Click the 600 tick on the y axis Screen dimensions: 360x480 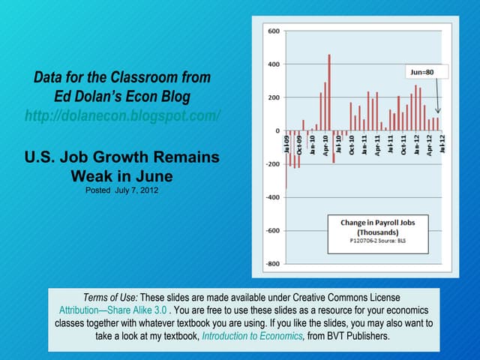point(273,31)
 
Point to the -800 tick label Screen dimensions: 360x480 point(271,264)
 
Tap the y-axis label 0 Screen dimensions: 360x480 point(277,131)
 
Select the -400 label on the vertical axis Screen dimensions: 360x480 point(271,197)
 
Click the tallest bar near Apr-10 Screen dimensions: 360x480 point(329,91)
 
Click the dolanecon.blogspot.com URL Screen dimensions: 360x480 point(122,116)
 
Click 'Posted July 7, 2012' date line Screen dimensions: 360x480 point(122,190)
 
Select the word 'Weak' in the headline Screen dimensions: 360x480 point(93,176)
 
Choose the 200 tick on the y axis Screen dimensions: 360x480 point(273,97)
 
